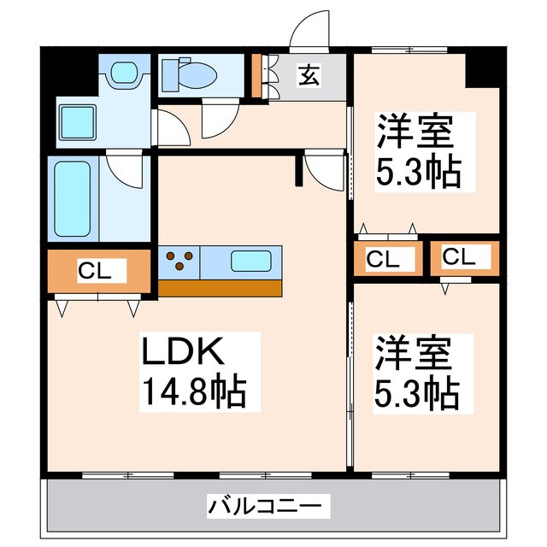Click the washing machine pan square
(x=79, y=122)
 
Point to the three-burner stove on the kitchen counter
(x=179, y=260)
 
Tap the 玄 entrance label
(x=309, y=76)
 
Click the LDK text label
(x=182, y=353)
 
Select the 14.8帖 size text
(x=193, y=393)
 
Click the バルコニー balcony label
(x=268, y=507)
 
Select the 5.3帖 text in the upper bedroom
(x=418, y=174)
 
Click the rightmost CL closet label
(x=460, y=256)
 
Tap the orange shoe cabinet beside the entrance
(x=255, y=75)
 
